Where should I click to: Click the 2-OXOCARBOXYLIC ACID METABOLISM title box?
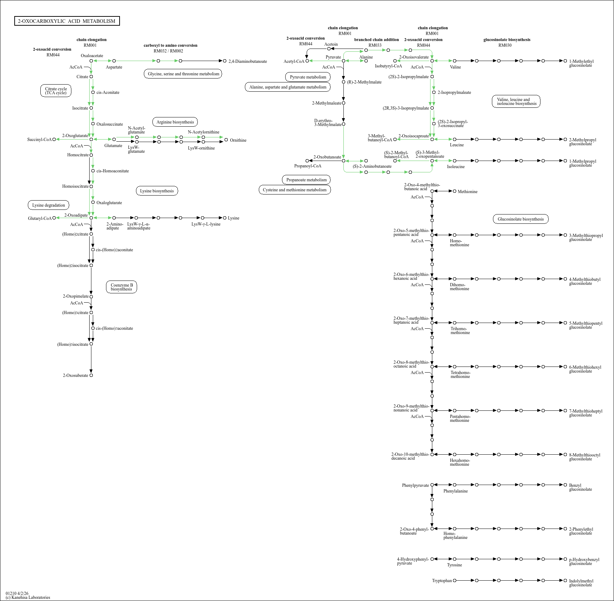click(x=67, y=21)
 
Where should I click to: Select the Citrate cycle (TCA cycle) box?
click(x=56, y=91)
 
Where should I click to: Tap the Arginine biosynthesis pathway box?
click(x=175, y=122)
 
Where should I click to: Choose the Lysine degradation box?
click(x=49, y=205)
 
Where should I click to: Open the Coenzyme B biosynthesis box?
click(x=121, y=287)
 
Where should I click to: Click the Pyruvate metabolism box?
click(x=308, y=77)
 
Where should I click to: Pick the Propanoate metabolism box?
click(x=306, y=180)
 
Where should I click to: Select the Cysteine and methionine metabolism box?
click(x=295, y=190)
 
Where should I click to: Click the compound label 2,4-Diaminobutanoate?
click(x=248, y=61)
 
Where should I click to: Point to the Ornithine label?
click(x=238, y=140)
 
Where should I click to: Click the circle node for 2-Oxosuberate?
click(x=91, y=375)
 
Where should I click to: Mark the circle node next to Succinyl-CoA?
click(x=54, y=140)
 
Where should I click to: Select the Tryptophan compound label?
click(x=442, y=581)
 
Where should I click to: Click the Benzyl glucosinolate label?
click(x=580, y=487)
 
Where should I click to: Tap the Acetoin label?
click(x=331, y=45)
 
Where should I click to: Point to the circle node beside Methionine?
click(x=454, y=191)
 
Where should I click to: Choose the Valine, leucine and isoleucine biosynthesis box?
click(x=516, y=102)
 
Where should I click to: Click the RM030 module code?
click(x=505, y=45)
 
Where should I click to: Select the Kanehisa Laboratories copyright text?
click(x=28, y=597)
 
